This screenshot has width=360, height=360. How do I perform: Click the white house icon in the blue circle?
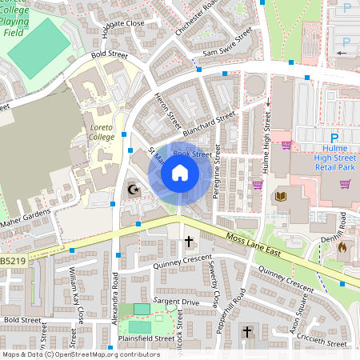click(180, 172)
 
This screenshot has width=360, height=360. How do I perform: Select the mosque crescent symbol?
click(134, 190)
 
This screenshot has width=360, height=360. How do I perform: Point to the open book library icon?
click(280, 196)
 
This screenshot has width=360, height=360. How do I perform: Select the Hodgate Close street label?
click(123, 24)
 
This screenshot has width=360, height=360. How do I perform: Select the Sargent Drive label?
click(176, 302)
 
